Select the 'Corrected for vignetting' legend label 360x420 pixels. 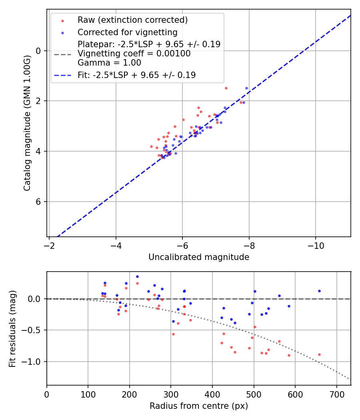pos(127,32)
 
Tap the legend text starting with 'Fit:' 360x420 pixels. pos(136,75)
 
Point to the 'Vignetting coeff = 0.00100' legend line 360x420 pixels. pos(134,54)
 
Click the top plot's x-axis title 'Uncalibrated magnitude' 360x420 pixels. pos(199,257)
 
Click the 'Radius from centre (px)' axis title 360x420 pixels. pos(199,406)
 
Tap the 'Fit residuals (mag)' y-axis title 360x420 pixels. pos(12,328)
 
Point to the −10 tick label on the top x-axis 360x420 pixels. pos(315,245)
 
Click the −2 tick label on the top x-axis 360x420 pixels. pos(49,245)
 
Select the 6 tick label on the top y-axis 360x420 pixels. pos(39,202)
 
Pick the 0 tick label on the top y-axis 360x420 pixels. pos(39,51)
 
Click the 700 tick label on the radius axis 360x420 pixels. pos(336,394)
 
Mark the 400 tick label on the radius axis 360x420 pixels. pos(212,394)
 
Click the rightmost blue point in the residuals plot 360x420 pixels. pos(319,291)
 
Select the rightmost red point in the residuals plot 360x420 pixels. pos(319,354)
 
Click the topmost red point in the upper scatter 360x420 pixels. pos(226,88)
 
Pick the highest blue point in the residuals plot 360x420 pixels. pos(137,276)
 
